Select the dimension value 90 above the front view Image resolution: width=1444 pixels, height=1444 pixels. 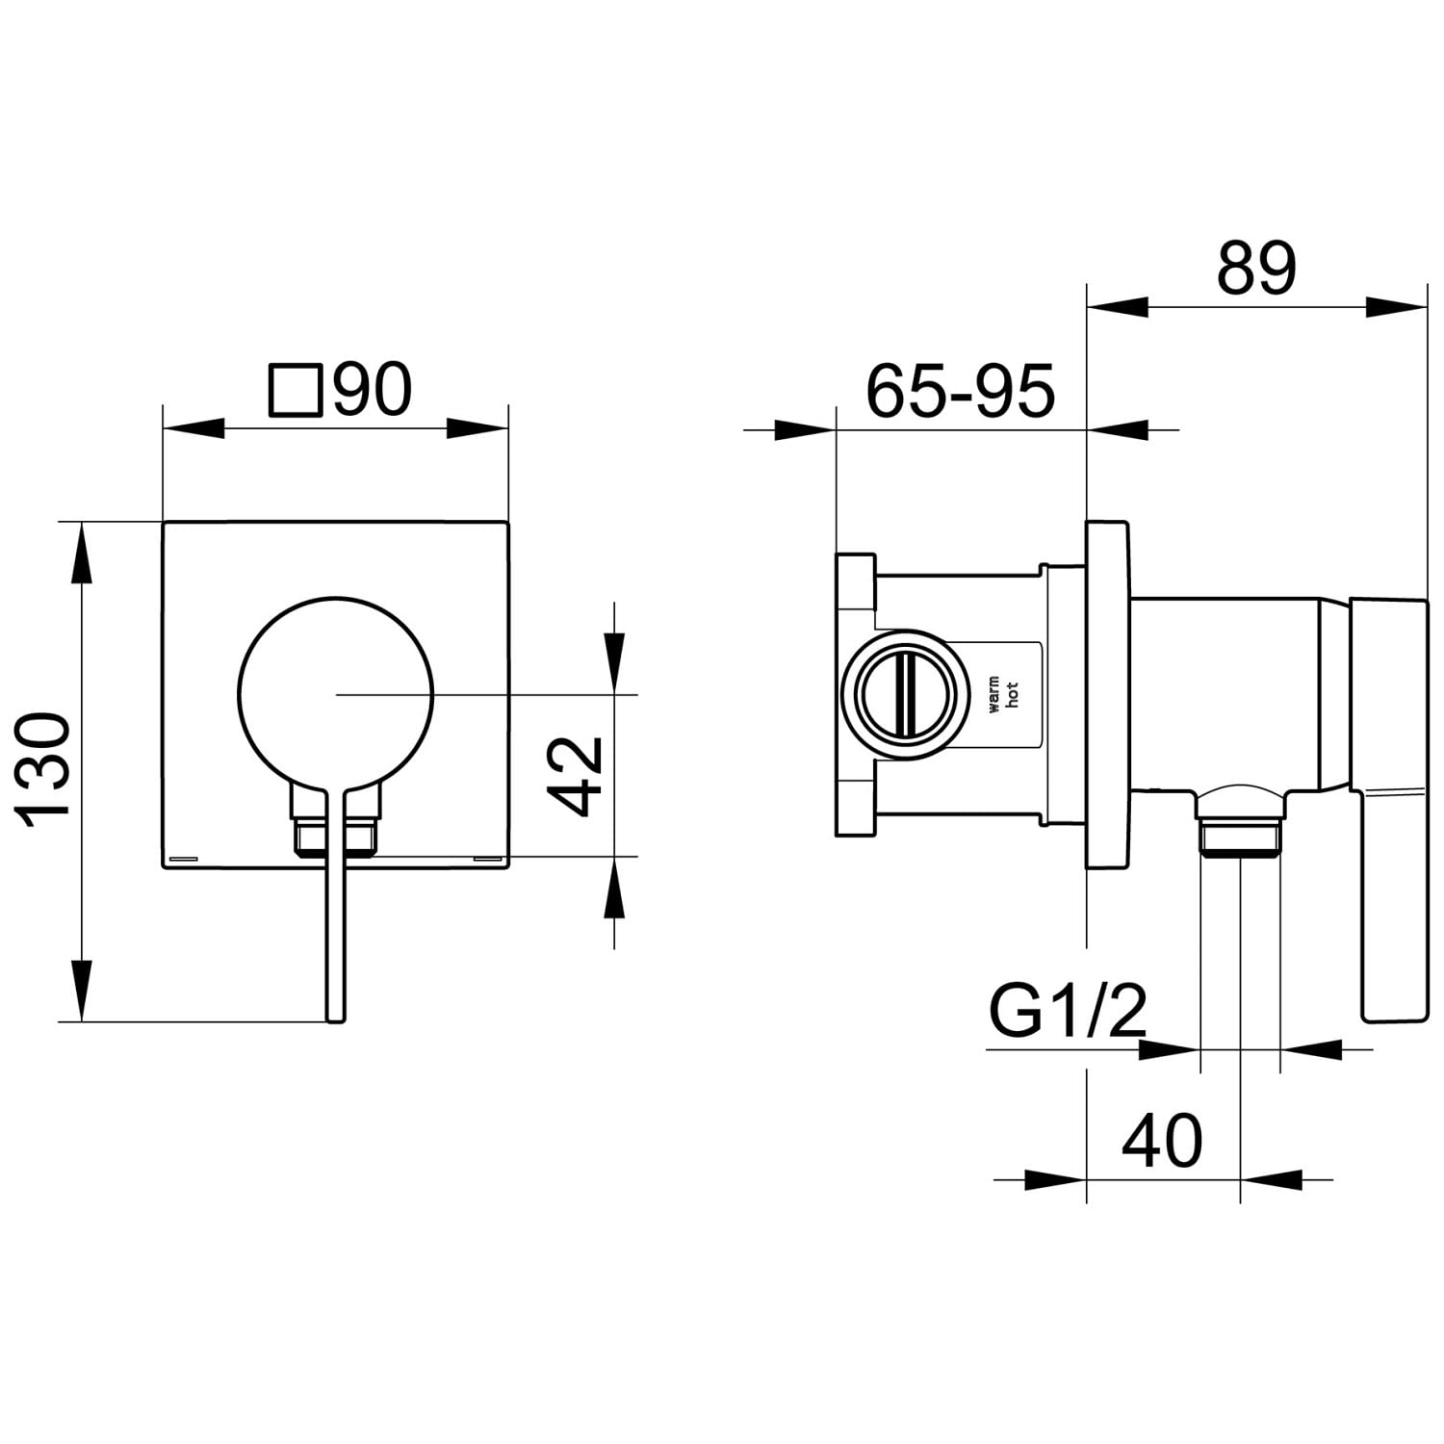coord(372,390)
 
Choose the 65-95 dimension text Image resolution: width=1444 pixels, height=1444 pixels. coord(961,391)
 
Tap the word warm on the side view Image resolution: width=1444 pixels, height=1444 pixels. coord(994,694)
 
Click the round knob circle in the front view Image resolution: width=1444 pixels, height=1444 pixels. coord(335,691)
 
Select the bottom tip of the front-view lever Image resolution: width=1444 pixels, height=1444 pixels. coord(334,1019)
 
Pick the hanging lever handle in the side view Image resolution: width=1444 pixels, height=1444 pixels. coord(1391,809)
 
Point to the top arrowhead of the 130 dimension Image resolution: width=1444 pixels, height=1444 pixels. coord(84,554)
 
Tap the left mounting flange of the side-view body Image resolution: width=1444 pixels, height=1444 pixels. coord(856,695)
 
